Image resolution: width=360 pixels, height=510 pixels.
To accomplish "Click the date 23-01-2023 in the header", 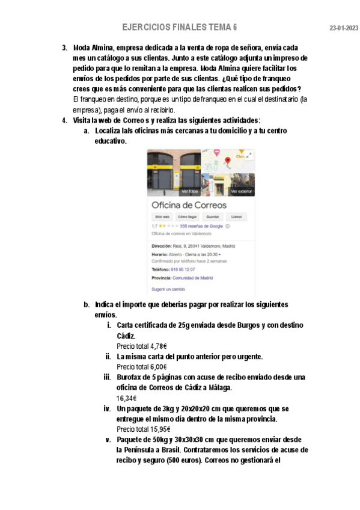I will coord(344,28).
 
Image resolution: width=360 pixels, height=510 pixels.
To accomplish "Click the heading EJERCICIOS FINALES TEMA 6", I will coord(179,28).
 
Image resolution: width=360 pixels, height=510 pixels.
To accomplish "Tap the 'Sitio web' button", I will coord(162,217).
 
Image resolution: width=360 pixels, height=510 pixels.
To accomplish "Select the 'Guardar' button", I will coord(212,217).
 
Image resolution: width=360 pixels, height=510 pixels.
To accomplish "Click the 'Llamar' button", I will coord(237,217).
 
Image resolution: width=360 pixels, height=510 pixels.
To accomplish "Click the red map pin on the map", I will coord(228,161).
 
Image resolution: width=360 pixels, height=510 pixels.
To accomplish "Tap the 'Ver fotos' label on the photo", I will coord(189,191).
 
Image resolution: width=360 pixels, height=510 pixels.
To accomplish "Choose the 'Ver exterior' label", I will coord(241,191).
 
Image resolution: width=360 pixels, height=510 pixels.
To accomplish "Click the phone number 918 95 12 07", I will coord(183,269).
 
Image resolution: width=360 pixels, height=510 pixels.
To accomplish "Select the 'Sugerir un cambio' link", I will coord(168,289).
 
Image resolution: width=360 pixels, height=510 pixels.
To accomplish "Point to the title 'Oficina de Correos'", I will coord(189,204).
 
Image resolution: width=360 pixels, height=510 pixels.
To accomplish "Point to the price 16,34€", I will coord(127,398).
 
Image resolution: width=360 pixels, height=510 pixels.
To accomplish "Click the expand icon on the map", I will coord(249,155).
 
